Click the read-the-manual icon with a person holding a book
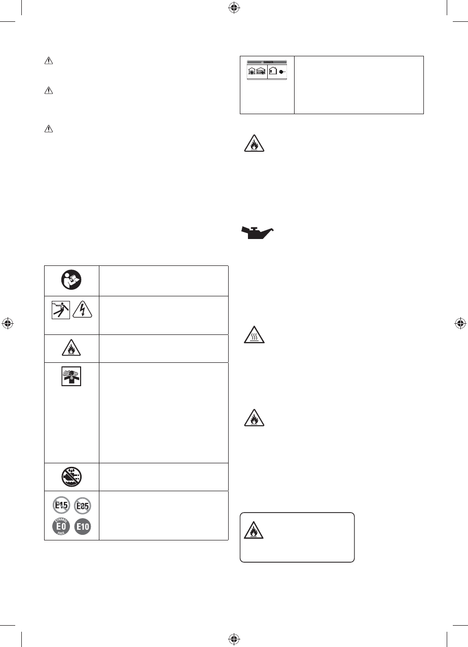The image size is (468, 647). pyautogui.click(x=71, y=280)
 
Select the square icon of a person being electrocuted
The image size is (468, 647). pyautogui.click(x=60, y=315)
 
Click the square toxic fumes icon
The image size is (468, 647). pyautogui.click(x=71, y=377)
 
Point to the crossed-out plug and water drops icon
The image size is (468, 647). pyautogui.click(x=71, y=476)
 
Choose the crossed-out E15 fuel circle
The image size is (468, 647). pyautogui.click(x=60, y=505)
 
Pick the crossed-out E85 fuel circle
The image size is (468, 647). pyautogui.click(x=83, y=505)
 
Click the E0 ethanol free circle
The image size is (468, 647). pyautogui.click(x=60, y=526)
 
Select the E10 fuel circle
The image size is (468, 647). pyautogui.click(x=83, y=527)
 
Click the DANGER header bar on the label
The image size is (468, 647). pyautogui.click(x=267, y=62)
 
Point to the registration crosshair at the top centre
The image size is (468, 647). pyautogui.click(x=234, y=7)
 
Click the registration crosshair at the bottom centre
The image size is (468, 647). pyautogui.click(x=234, y=638)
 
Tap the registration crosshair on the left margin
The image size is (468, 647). pyautogui.click(x=7, y=323)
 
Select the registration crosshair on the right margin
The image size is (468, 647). pyautogui.click(x=460, y=323)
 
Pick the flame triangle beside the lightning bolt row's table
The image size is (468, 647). pyautogui.click(x=71, y=348)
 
